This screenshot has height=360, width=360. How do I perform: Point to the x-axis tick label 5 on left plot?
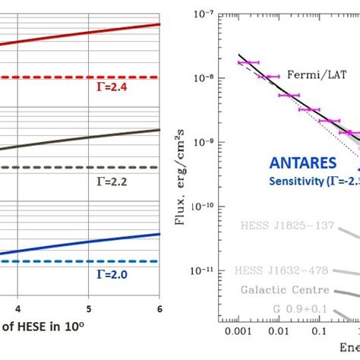[89, 308]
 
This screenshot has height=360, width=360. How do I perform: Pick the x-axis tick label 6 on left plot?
[159, 308]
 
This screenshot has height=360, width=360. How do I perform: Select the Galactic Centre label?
[286, 290]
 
